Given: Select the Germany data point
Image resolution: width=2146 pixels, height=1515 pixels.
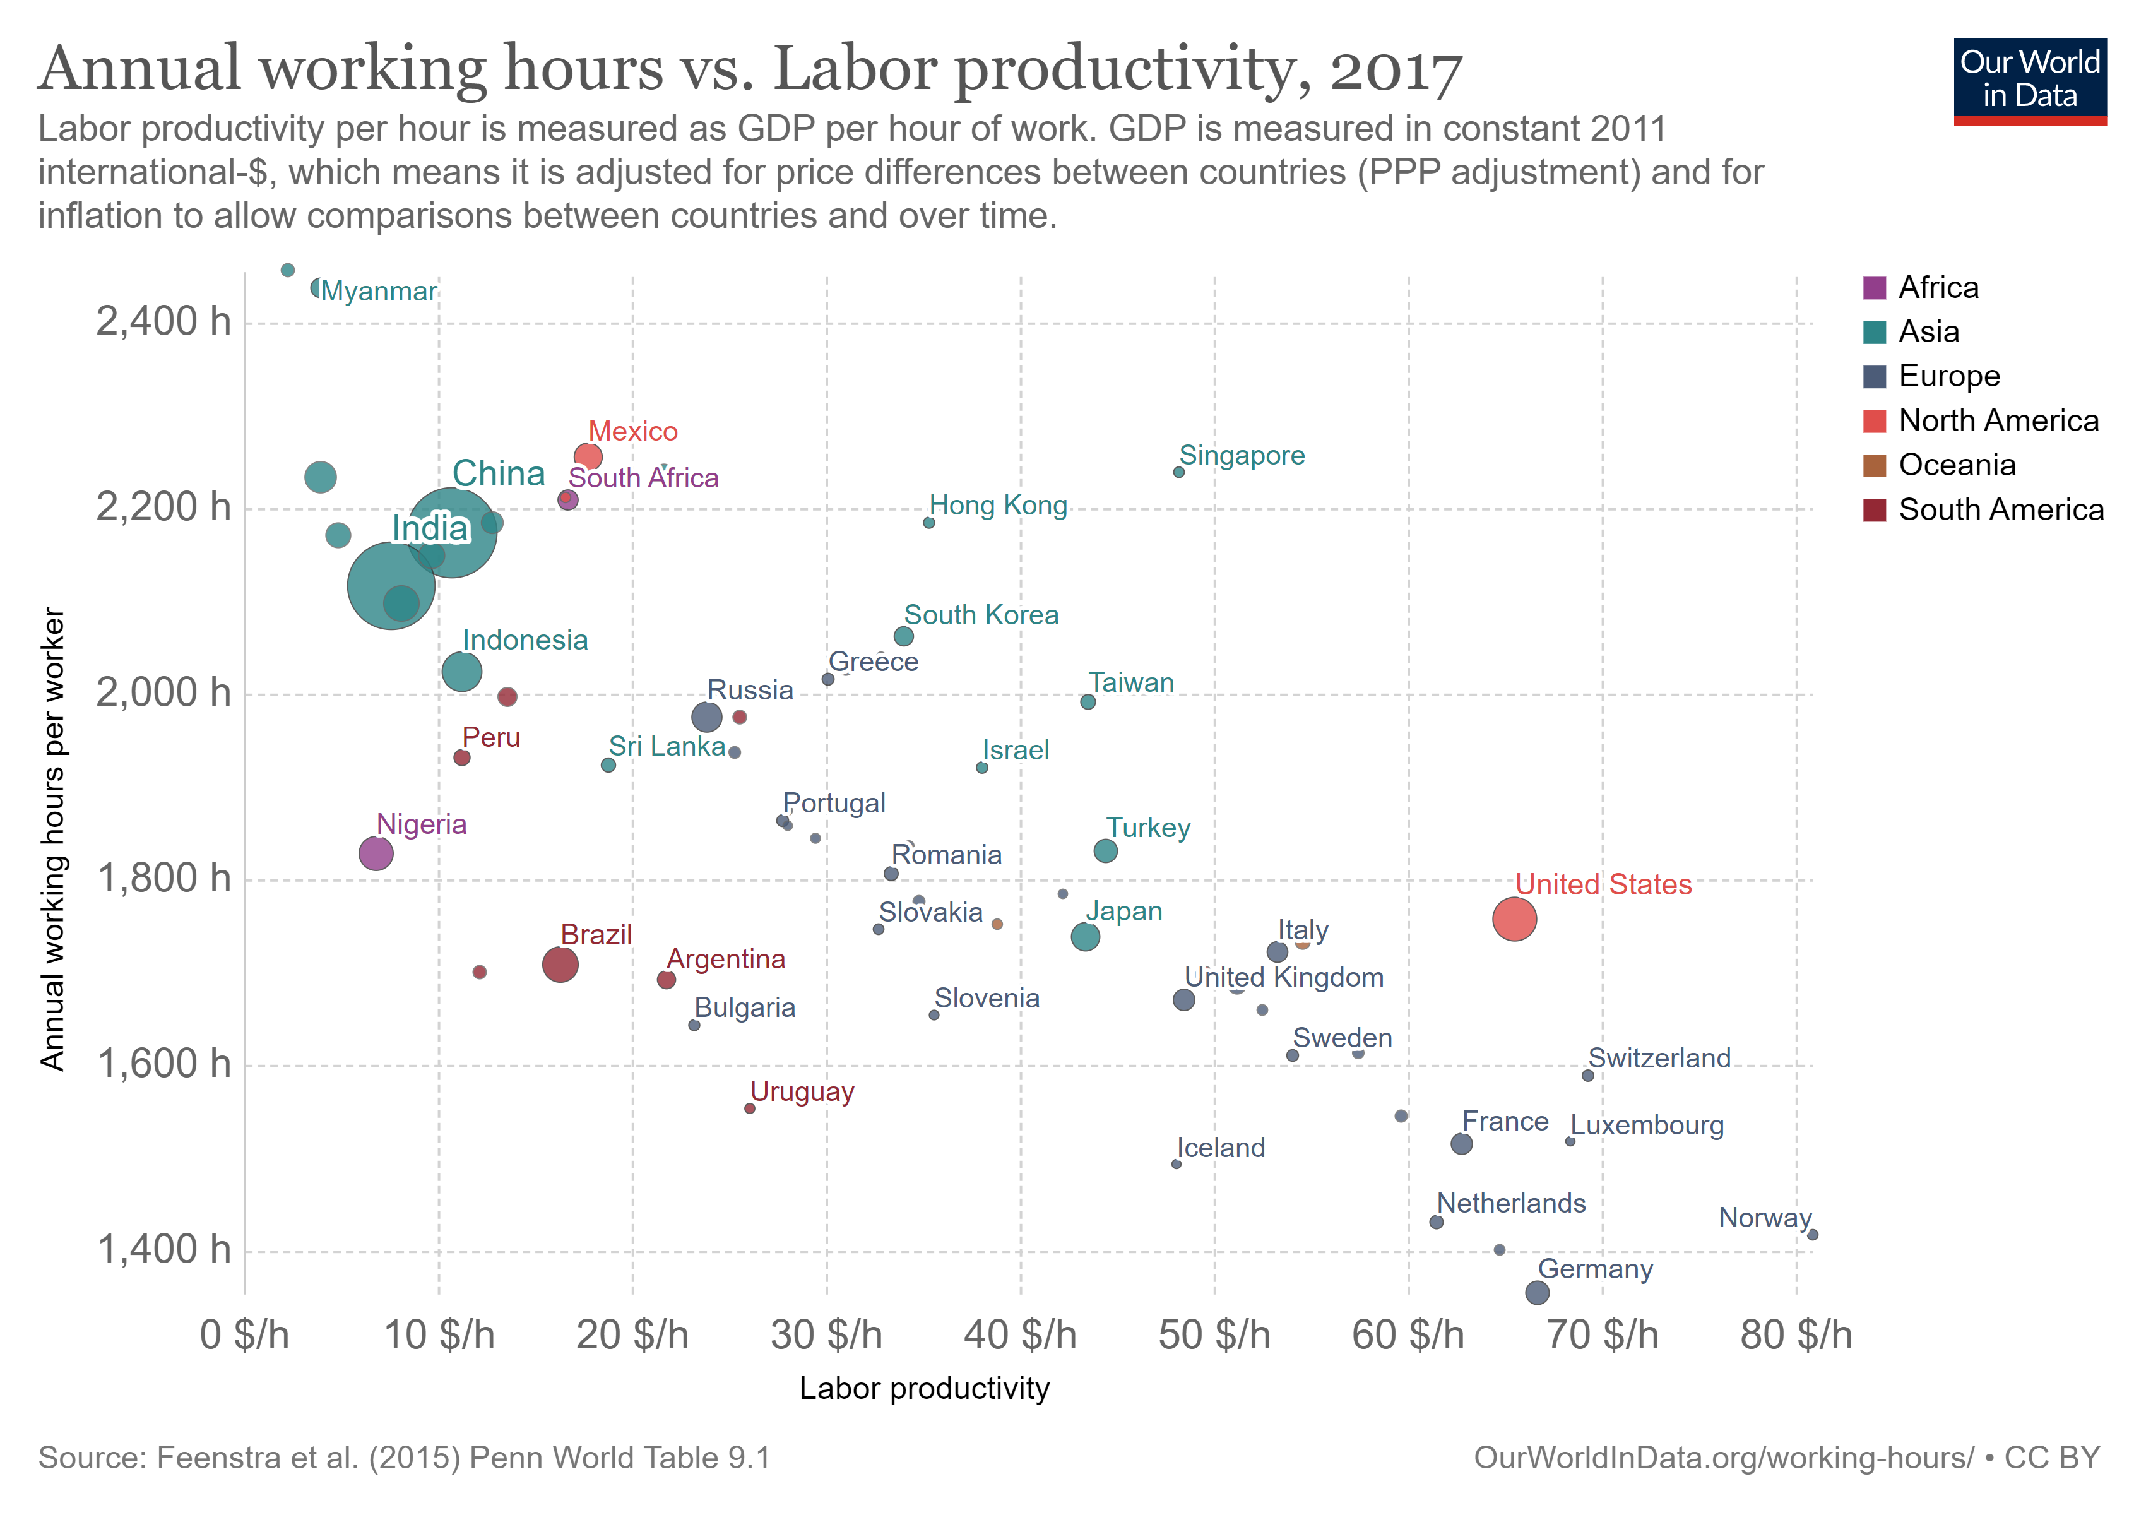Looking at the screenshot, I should (1536, 1293).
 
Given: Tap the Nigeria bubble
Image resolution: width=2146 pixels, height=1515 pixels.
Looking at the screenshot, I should (376, 853).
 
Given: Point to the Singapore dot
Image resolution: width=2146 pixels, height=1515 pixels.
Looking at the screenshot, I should (1178, 472).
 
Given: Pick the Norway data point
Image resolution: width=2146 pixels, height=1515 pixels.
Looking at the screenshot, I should (1812, 1235).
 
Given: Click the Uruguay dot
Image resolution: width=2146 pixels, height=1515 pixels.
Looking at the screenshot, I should (750, 1108).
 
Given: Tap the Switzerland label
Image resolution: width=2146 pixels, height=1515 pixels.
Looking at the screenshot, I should (1659, 1058).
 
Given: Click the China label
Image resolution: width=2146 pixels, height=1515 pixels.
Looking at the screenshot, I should (498, 474).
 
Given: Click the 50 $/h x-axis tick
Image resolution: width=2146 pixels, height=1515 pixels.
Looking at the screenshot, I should (1214, 1334).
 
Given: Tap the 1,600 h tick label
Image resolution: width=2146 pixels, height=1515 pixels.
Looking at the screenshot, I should (163, 1064).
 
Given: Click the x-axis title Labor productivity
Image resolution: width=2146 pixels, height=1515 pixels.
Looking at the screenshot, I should (925, 1388).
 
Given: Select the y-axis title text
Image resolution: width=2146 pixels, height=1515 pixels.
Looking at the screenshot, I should (52, 840).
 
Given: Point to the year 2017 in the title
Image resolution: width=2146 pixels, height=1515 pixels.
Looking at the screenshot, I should (1396, 70).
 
